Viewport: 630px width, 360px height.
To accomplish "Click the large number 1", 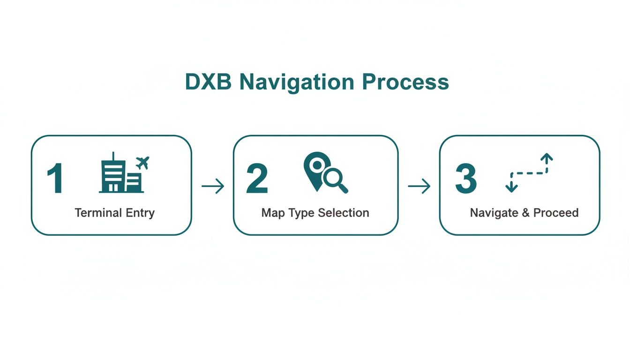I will click(x=55, y=179).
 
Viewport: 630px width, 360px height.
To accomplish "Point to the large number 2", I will click(x=257, y=179).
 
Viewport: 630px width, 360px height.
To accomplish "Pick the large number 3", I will click(x=466, y=179).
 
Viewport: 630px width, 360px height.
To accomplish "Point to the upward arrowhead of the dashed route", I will click(x=547, y=158).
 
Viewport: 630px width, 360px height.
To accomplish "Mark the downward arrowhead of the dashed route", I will click(x=511, y=187).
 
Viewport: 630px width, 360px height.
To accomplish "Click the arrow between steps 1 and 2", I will click(x=213, y=187).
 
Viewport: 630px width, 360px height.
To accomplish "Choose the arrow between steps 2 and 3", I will click(x=419, y=187).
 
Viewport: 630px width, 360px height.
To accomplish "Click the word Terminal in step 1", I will click(x=94, y=213).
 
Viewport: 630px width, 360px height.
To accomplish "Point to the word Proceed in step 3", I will click(x=556, y=213).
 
